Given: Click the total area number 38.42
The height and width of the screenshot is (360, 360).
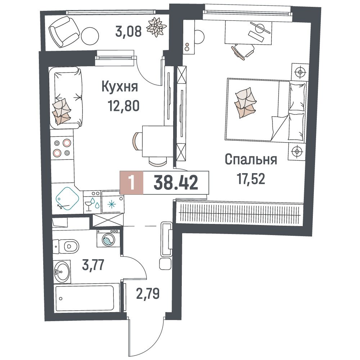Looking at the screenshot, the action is coord(176,183).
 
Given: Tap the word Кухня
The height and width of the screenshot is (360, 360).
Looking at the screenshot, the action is coord(120,86).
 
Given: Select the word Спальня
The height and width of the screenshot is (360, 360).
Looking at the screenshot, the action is coord(251,159).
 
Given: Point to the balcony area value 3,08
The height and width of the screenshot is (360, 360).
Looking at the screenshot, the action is coord(129,31).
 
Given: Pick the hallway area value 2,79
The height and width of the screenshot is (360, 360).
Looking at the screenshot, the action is coord(148,294).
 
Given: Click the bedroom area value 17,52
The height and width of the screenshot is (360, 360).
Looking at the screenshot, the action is coord(251,179).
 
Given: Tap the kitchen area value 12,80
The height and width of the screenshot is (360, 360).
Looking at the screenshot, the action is coord(124,106).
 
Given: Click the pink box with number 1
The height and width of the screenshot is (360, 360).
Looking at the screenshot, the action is coord(131,183).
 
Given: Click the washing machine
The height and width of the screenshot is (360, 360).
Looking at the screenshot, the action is coord(109,238).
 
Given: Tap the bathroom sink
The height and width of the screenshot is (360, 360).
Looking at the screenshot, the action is coord(62,272).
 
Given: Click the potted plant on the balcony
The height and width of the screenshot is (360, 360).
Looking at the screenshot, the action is coord(156,27).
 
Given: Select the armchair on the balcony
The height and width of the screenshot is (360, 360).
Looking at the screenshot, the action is coord(64,32).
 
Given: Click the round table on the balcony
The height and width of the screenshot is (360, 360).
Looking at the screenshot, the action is coord(90,36).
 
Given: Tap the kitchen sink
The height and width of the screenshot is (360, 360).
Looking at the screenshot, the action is coord(67,199).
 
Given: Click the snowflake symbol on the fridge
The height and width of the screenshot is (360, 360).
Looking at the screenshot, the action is coord(112,204).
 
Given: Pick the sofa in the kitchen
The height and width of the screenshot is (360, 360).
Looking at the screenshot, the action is coord(66,98).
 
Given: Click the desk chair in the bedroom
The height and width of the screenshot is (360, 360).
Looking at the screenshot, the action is coord(243,51).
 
